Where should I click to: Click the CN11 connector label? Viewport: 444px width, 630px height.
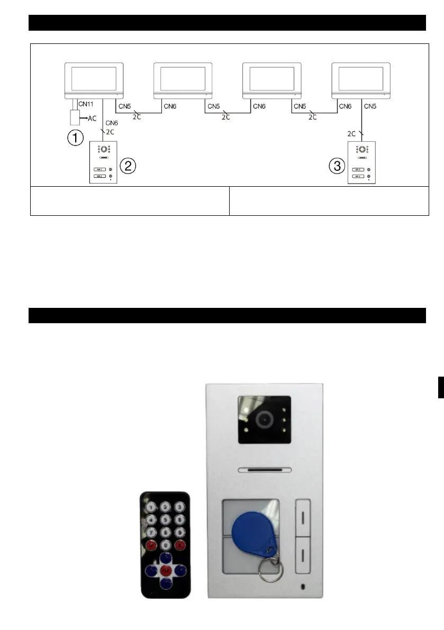click(85, 104)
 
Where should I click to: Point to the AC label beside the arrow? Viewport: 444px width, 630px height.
click(91, 119)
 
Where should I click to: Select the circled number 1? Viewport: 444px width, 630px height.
click(74, 139)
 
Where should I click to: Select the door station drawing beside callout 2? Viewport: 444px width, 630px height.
click(103, 162)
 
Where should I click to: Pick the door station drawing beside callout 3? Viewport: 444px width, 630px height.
click(361, 162)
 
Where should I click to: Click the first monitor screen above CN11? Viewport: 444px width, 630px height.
click(94, 78)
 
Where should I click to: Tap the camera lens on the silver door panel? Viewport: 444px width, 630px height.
click(264, 419)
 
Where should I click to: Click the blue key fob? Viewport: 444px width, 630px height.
click(252, 529)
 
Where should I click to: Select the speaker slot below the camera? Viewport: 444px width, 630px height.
click(265, 469)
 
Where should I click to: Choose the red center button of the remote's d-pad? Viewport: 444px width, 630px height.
click(165, 570)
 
